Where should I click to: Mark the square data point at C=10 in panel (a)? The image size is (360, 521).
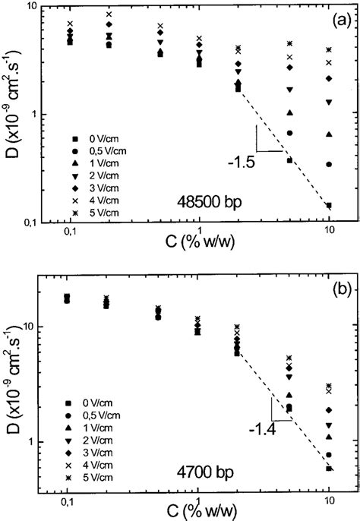[329, 205]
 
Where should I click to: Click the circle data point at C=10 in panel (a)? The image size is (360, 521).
[329, 164]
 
